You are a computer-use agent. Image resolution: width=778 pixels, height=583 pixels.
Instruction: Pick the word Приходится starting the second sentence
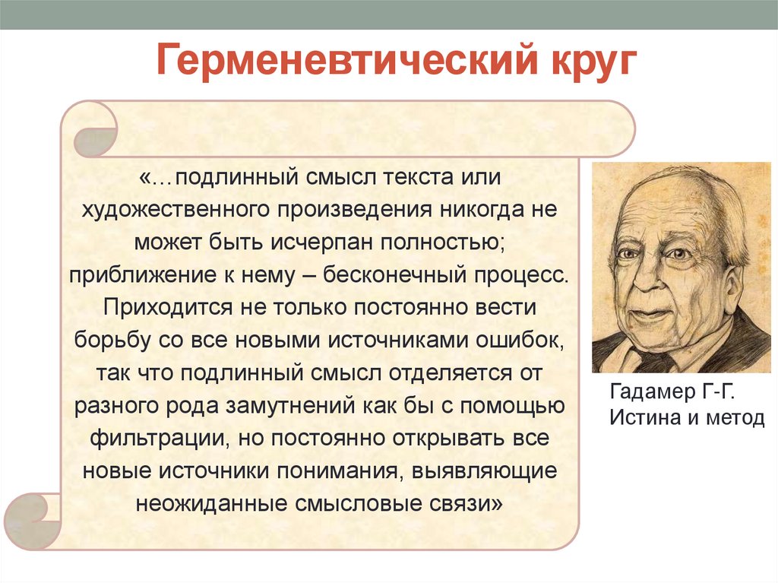pyautogui.click(x=158, y=308)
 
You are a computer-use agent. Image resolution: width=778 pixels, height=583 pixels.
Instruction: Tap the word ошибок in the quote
pyautogui.click(x=518, y=341)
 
